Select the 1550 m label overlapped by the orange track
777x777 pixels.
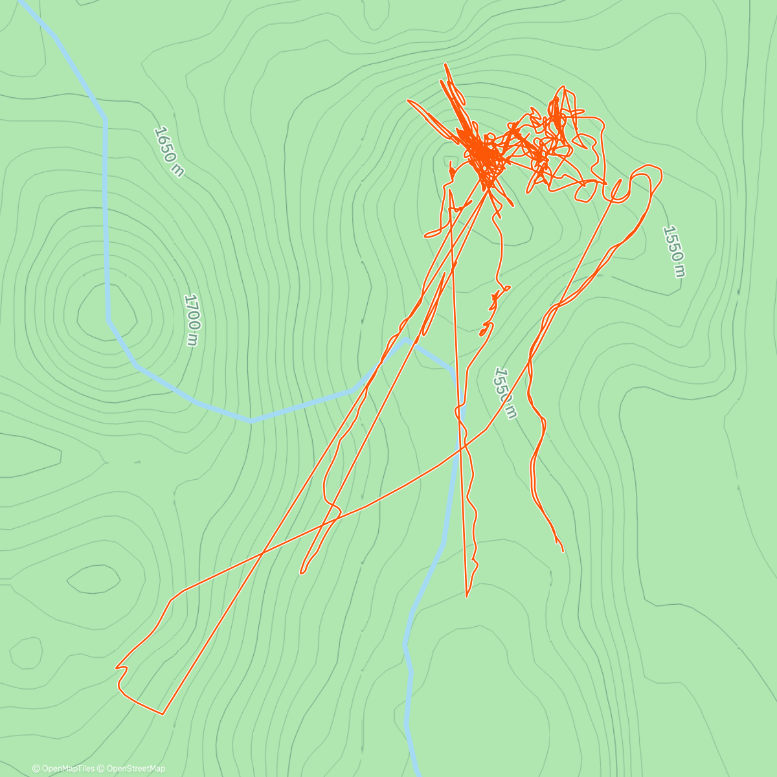(x=505, y=393)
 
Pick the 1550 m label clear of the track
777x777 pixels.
(x=674, y=251)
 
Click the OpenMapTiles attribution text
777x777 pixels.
(x=63, y=769)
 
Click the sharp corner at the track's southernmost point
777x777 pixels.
(x=162, y=714)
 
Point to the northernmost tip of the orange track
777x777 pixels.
(x=445, y=64)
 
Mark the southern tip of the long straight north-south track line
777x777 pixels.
(x=466, y=596)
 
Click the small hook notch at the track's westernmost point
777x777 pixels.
(x=117, y=666)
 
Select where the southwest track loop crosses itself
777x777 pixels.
(x=262, y=554)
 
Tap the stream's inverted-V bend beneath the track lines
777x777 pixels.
(x=406, y=338)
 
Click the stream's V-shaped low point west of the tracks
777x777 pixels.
(x=251, y=421)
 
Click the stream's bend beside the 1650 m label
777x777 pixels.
(x=106, y=118)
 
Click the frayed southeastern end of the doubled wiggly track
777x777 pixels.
(x=561, y=547)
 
